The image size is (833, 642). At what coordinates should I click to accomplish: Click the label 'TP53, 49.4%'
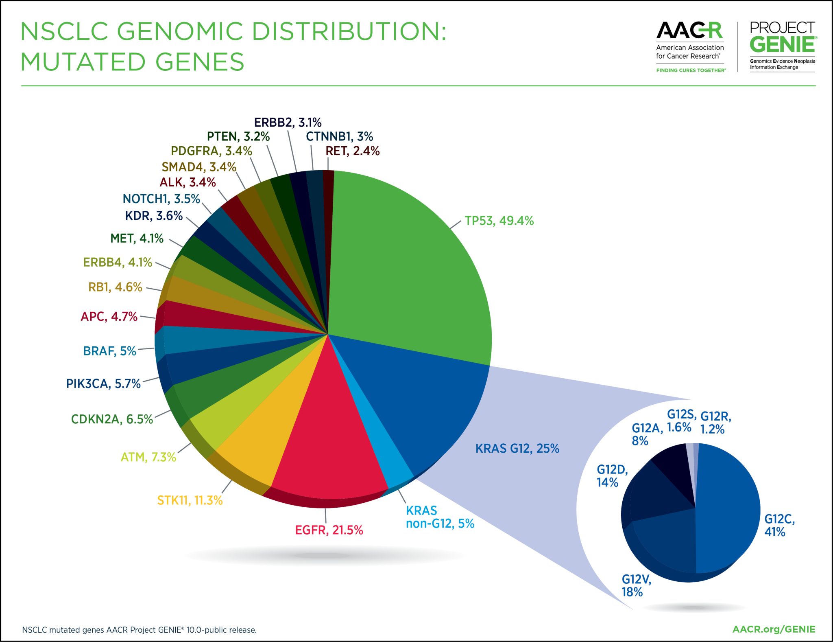(x=499, y=221)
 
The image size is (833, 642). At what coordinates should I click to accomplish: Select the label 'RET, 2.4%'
(x=352, y=151)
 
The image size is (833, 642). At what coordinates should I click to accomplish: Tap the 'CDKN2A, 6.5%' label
(x=112, y=419)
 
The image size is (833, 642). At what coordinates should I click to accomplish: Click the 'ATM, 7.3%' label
(x=148, y=457)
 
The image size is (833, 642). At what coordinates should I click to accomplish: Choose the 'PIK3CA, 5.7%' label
(x=103, y=383)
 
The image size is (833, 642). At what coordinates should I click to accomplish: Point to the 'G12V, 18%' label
(x=636, y=585)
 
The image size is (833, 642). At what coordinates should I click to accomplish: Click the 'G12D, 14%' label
(x=612, y=476)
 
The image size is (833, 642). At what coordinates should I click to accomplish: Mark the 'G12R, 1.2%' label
(x=715, y=423)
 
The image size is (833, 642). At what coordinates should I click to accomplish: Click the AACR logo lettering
(x=689, y=31)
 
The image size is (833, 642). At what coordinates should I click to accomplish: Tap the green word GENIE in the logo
(x=782, y=45)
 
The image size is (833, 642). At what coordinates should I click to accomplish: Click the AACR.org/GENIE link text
(x=774, y=629)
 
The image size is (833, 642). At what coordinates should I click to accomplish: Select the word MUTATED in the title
(x=83, y=62)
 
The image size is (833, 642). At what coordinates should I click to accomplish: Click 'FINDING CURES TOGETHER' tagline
(x=691, y=70)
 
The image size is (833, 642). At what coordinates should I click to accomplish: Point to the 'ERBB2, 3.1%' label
(x=288, y=122)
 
